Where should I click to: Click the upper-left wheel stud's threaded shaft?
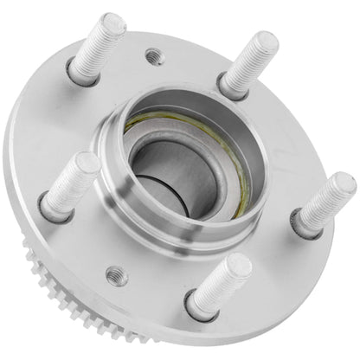click(97, 48)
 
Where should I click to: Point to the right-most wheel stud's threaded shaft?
click(325, 202)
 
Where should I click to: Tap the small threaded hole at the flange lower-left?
click(118, 275)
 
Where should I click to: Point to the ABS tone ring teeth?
click(43, 260)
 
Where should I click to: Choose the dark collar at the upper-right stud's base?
click(228, 87)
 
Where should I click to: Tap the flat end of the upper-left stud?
click(112, 24)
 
